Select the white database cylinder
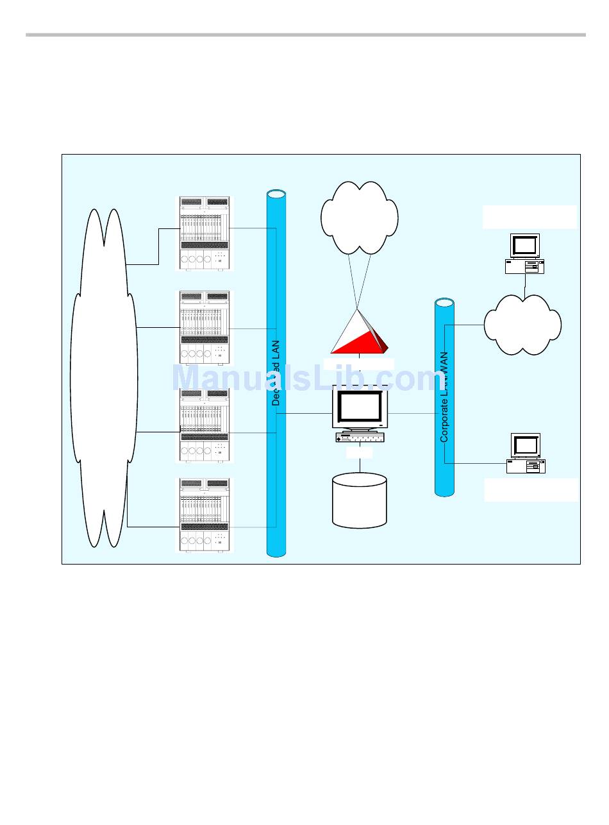360,500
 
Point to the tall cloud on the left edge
104,378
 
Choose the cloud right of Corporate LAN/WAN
522,325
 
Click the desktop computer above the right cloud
524,254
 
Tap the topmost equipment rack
204,234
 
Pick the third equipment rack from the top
204,425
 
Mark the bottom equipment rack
204,515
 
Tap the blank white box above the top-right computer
530,217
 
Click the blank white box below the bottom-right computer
531,489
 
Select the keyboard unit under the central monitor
359,438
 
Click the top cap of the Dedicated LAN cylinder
276,193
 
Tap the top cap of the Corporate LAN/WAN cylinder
444,303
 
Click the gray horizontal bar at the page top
305,35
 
